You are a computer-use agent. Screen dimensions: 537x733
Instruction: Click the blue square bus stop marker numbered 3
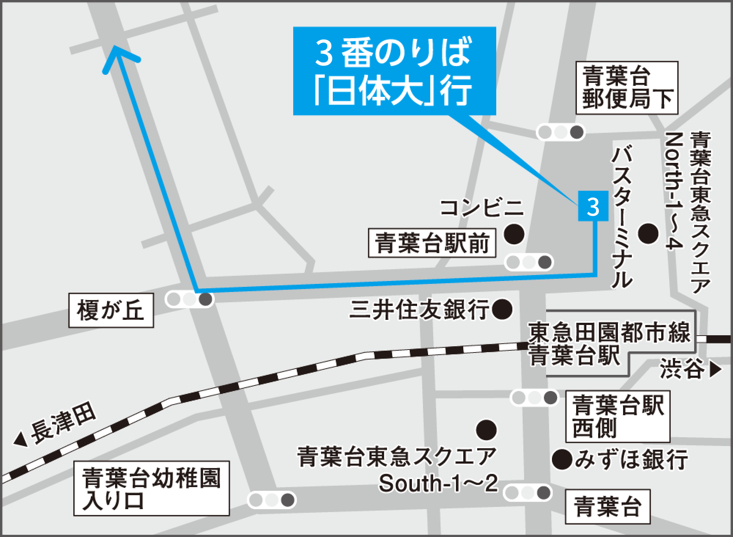[593, 207]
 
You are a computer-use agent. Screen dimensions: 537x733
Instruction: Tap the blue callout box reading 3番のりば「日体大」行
[394, 71]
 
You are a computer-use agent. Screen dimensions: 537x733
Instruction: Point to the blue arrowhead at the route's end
[117, 55]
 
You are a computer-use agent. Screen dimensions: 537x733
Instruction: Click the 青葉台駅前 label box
[432, 244]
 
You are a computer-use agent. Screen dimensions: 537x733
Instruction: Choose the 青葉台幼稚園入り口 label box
[151, 488]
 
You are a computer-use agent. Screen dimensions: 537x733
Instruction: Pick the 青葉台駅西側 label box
[618, 416]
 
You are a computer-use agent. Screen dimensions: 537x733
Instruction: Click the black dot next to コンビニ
[514, 234]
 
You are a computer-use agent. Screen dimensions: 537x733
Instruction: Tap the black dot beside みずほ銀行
[562, 459]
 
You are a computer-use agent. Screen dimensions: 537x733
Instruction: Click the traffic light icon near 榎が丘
[189, 299]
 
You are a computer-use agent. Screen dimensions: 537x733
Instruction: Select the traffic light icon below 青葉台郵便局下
[560, 132]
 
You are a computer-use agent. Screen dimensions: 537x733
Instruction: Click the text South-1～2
[438, 484]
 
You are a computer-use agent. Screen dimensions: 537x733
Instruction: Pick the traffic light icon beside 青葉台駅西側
[534, 398]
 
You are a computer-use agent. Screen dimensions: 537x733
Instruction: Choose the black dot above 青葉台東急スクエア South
[486, 430]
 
